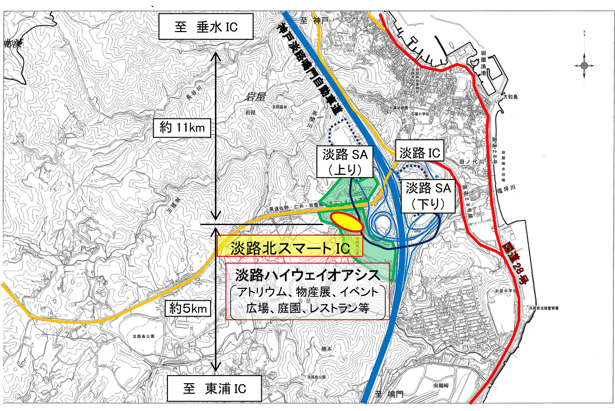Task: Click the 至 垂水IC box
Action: pos(206,28)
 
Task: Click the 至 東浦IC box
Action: pos(214,388)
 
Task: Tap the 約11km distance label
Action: pos(182,127)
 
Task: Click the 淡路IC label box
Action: pos(420,153)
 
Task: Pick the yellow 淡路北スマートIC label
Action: pos(290,248)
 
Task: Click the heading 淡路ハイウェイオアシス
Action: pos(307,275)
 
